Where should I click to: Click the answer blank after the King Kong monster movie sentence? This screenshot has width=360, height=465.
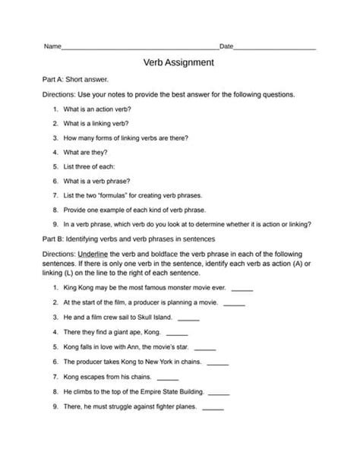[242, 310]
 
